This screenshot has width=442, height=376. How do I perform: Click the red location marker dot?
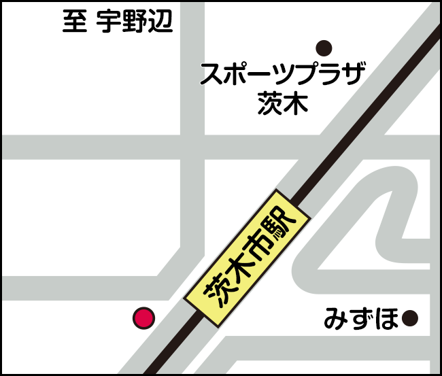(x=143, y=317)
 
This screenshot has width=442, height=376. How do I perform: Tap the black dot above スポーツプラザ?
(x=324, y=48)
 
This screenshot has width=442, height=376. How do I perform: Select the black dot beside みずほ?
(x=409, y=318)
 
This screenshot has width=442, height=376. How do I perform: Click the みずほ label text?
(x=361, y=318)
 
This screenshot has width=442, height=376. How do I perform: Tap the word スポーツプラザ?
(x=284, y=74)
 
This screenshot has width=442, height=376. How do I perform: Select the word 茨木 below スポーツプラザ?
(x=283, y=103)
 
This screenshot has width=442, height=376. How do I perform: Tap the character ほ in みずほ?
(x=387, y=318)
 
